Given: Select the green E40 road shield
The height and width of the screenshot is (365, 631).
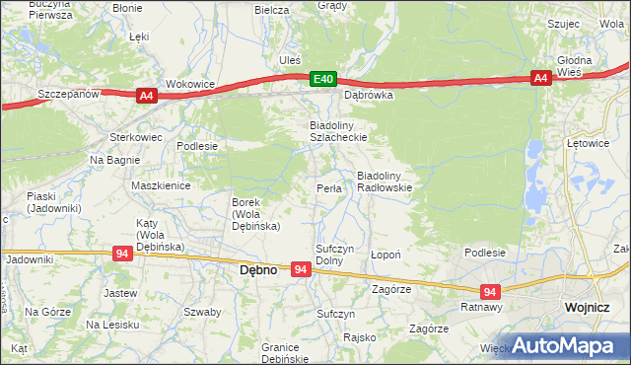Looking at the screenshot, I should pyautogui.click(x=322, y=78).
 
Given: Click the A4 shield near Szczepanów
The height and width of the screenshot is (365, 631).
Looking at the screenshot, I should pyautogui.click(x=146, y=95).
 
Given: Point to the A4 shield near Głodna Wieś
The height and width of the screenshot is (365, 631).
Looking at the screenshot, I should pyautogui.click(x=540, y=78).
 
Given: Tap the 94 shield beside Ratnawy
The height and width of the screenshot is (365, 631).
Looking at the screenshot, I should pyautogui.click(x=490, y=291).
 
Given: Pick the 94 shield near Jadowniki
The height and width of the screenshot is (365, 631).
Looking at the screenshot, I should pyautogui.click(x=121, y=254).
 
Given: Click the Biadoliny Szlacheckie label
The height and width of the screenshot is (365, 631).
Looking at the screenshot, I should pyautogui.click(x=325, y=132).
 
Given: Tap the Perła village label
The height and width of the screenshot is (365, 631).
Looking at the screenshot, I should pyautogui.click(x=328, y=188).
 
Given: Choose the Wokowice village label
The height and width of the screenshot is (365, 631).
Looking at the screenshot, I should pyautogui.click(x=190, y=84).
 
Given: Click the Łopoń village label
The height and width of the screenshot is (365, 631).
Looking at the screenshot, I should pyautogui.click(x=385, y=254).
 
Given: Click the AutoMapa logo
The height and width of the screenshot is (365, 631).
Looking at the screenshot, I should pyautogui.click(x=567, y=345).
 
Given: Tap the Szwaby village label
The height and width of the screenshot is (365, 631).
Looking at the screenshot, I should pyautogui.click(x=201, y=311).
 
